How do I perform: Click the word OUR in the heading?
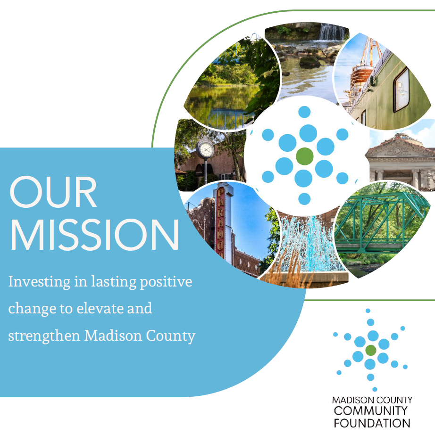click(x=53, y=192)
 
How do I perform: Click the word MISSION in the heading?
click(x=94, y=235)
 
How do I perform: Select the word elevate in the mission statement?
click(x=100, y=309)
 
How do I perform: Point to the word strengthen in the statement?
click(x=44, y=336)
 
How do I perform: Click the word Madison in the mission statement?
click(x=113, y=336)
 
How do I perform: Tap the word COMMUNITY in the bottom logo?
click(x=371, y=411)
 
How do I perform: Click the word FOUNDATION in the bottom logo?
click(x=372, y=423)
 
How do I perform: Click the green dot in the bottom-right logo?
click(x=371, y=350)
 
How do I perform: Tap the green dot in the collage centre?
click(x=305, y=156)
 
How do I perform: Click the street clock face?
click(x=206, y=150)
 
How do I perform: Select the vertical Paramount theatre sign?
click(x=221, y=221)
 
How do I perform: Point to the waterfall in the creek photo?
click(x=332, y=32)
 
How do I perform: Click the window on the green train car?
click(x=402, y=90)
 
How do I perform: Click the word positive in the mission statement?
click(x=166, y=282)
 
